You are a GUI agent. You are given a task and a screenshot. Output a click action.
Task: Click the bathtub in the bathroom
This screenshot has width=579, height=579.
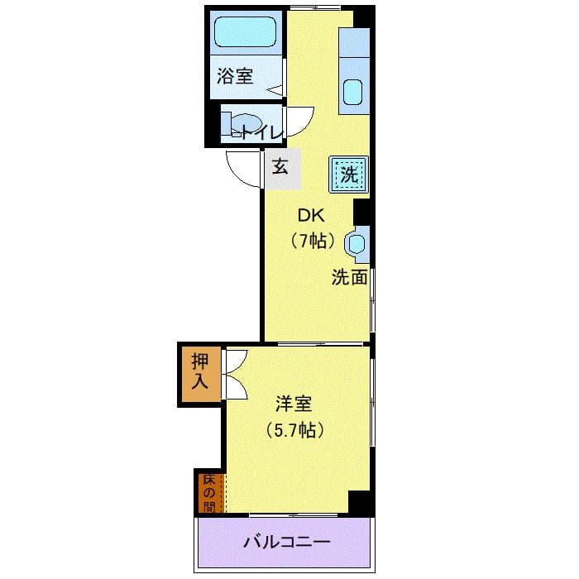coord(246,31)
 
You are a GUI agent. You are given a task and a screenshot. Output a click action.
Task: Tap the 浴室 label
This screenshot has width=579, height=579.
coord(235,76)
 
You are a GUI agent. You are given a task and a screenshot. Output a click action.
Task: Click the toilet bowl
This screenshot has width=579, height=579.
coord(245,124)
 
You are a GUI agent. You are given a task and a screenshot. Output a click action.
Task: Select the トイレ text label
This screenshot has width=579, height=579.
coord(262,133)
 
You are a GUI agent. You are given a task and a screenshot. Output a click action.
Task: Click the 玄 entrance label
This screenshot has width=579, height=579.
coord(280,167)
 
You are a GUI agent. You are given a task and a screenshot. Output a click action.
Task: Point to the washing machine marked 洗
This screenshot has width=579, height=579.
coord(349,175)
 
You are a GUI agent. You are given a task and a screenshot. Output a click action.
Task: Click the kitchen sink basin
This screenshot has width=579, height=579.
coord(353,93)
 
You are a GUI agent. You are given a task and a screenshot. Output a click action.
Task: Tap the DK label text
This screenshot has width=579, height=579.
coord(311,216)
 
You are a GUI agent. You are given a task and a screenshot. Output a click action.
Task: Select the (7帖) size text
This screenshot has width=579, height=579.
coord(313,242)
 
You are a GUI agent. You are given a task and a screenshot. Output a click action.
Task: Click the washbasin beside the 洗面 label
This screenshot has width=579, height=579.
coord(356,244)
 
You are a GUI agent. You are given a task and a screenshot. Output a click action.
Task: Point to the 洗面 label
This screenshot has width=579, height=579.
coord(349,277)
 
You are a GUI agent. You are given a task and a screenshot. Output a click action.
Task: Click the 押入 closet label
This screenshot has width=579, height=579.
coord(200,371)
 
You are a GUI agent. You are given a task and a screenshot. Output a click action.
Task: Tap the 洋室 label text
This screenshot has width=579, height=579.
coord(294,404)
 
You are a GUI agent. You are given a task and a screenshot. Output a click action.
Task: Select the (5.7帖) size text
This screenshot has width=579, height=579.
coord(295,429)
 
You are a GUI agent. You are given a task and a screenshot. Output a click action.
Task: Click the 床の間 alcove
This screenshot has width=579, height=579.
coord(211,493)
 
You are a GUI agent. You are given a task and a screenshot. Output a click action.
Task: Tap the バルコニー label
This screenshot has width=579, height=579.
coord(286,542)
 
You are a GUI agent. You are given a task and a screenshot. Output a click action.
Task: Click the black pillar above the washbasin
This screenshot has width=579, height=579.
coord(361,212)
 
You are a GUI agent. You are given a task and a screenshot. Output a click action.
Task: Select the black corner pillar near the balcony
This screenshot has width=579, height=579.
coord(360,502)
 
